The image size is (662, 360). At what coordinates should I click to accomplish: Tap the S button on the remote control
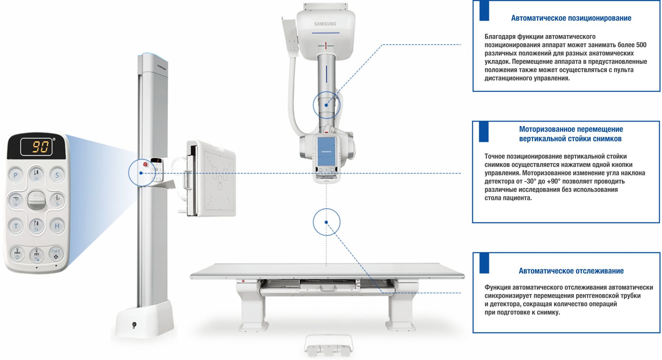[x=57, y=175]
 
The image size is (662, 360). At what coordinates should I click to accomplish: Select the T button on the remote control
[x=16, y=226]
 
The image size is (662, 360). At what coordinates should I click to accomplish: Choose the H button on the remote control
[x=57, y=226]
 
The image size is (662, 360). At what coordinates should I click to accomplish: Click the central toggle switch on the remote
[x=37, y=200]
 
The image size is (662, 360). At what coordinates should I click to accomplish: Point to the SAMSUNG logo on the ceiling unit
[x=325, y=24]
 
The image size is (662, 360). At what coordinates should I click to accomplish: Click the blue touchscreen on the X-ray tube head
[x=326, y=151]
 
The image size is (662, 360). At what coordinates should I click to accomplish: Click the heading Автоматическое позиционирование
[x=571, y=18]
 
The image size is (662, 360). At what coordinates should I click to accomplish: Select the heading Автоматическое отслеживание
[x=571, y=270]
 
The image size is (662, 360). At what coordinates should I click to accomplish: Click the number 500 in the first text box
[x=641, y=45]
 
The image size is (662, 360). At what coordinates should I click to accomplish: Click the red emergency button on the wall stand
[x=145, y=164]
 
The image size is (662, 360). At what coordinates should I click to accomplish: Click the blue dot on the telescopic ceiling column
[x=326, y=105]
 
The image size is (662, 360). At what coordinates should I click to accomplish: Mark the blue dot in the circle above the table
[x=326, y=222]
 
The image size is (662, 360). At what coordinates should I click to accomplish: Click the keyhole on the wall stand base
[x=134, y=325]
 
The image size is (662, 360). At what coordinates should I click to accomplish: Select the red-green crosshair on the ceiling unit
[x=325, y=46]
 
